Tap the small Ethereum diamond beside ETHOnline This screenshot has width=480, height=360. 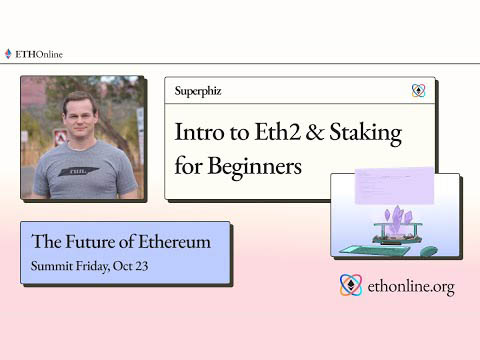click(x=8, y=54)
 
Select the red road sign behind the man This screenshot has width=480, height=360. click(x=60, y=137)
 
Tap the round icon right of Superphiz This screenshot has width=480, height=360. click(x=418, y=91)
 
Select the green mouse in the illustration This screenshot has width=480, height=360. click(x=429, y=250)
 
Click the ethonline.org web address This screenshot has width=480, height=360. click(x=410, y=287)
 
